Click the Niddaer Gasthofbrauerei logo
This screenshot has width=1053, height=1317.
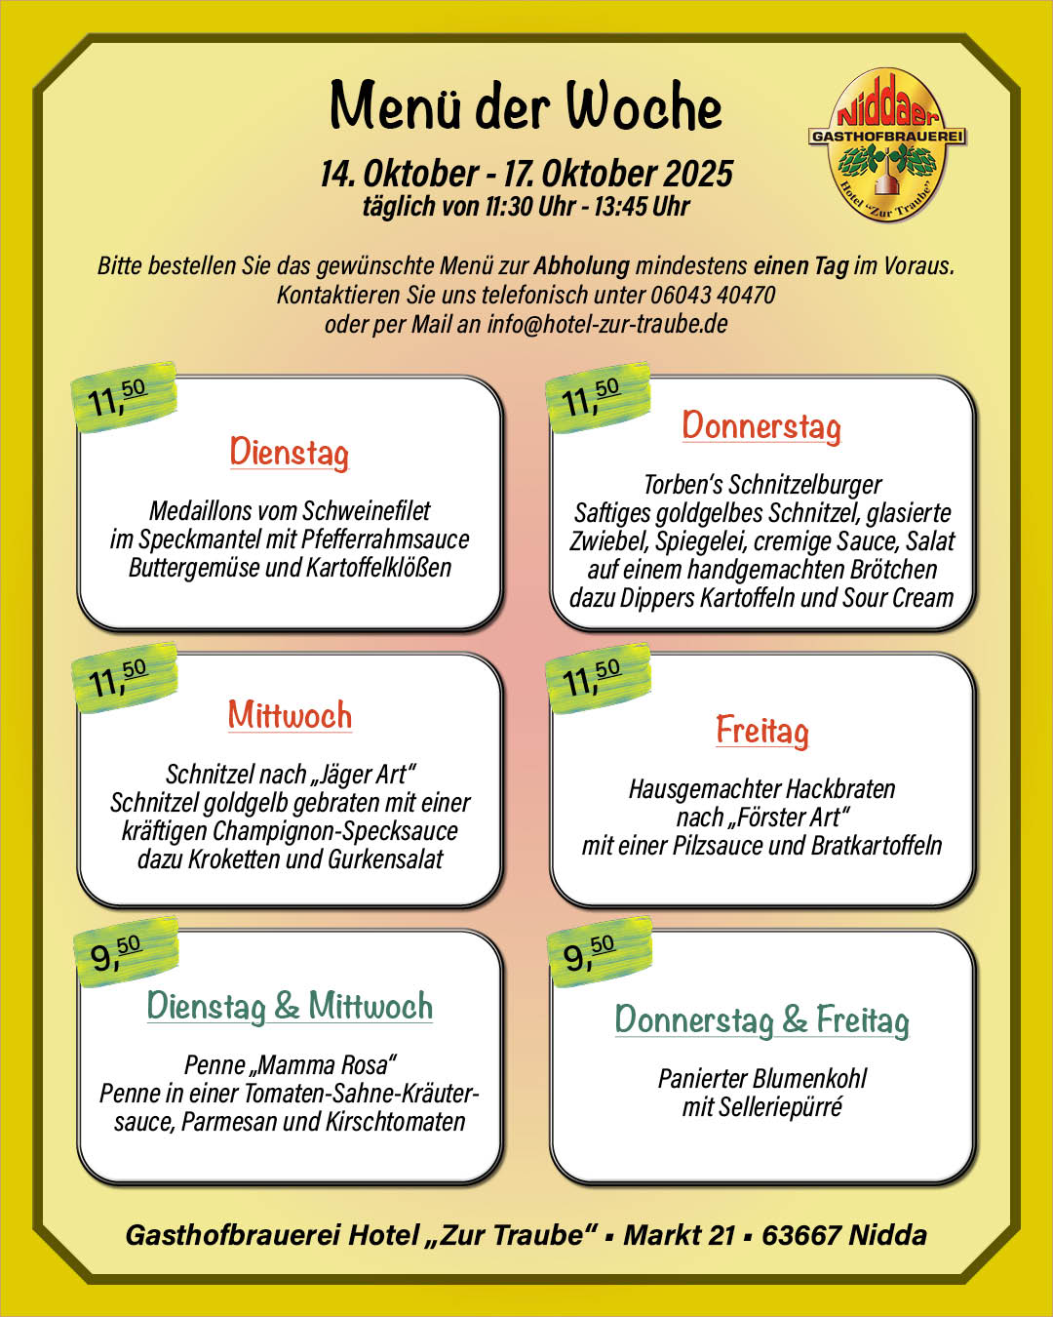(x=886, y=144)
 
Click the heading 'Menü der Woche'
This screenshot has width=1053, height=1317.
(x=526, y=106)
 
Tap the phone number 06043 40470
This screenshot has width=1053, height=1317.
(x=713, y=295)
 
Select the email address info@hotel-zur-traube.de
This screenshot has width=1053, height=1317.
(x=606, y=324)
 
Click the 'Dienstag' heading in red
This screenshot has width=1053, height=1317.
(x=289, y=453)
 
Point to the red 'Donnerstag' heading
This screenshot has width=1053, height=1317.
(x=761, y=426)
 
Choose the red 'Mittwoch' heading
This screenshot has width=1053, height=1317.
(x=290, y=715)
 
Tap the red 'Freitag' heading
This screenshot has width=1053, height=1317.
(x=762, y=731)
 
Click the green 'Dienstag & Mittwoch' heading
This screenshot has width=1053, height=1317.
(x=290, y=1006)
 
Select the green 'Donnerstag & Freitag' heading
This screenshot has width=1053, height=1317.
(x=761, y=1020)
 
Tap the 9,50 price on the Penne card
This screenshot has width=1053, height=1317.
(x=122, y=952)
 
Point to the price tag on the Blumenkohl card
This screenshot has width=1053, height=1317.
(x=594, y=952)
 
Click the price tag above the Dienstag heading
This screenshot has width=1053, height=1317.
(x=122, y=396)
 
